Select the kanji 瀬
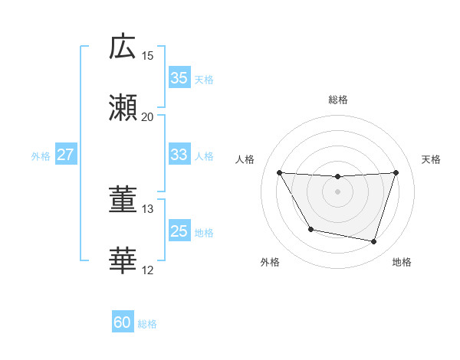[x=123, y=108]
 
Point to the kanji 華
[x=123, y=261]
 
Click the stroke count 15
[x=148, y=56]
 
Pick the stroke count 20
[x=148, y=117]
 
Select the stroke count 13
[x=148, y=209]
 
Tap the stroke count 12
[x=148, y=270]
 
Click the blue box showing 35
[x=179, y=78]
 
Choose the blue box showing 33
[x=179, y=155]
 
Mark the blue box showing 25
[x=179, y=231]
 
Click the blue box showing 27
[x=65, y=155]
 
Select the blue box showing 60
[x=123, y=323]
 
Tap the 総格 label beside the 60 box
[x=147, y=324]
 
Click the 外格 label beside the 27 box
[x=41, y=155]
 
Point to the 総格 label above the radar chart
[x=337, y=100]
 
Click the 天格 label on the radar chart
[x=432, y=159]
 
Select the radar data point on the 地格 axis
[x=374, y=242]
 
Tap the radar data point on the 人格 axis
[x=279, y=172]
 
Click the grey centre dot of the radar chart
[x=337, y=191]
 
